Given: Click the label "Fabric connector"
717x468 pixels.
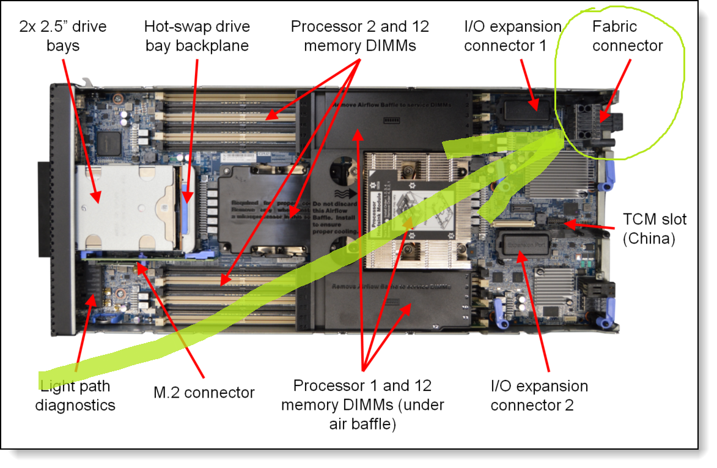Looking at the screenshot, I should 627,36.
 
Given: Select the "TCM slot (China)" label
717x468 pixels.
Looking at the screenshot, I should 654,229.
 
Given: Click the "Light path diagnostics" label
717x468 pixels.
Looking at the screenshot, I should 75,395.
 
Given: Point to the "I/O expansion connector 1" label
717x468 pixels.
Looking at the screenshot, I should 512,36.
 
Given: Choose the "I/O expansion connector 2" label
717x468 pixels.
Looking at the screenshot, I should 539,395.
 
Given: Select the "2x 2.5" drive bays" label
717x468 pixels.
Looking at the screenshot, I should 62,36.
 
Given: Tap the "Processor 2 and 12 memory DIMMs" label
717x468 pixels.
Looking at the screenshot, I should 359,36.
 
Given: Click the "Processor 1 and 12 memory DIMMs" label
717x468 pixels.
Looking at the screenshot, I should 362,404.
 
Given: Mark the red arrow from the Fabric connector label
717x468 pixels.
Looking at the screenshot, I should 614,85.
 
